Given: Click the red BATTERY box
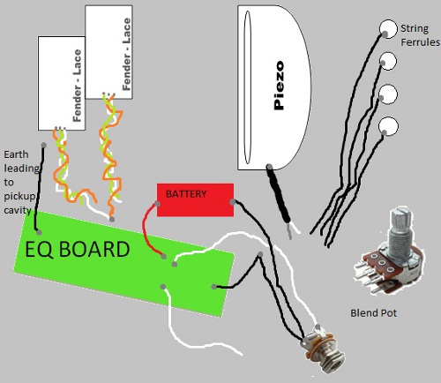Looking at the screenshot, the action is (195, 200).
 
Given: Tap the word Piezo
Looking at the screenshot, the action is (279, 86).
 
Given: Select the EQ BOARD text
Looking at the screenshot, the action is (78, 250).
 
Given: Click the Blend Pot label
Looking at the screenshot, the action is (373, 313).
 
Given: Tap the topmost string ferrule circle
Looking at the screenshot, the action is (388, 29).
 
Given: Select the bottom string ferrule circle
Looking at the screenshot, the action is (388, 126).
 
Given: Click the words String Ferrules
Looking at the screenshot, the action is (420, 35).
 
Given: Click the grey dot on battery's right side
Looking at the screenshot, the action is (233, 202).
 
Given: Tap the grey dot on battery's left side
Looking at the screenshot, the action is (158, 204).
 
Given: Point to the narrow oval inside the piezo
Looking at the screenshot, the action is (248, 87).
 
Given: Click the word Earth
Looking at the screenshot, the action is (16, 154).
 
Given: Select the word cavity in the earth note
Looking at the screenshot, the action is (18, 210).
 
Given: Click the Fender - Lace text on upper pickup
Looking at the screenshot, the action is (126, 54).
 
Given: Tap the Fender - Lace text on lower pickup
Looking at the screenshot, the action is (77, 86).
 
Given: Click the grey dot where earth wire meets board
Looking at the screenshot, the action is (39, 232).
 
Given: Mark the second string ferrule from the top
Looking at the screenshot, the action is (387, 61).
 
